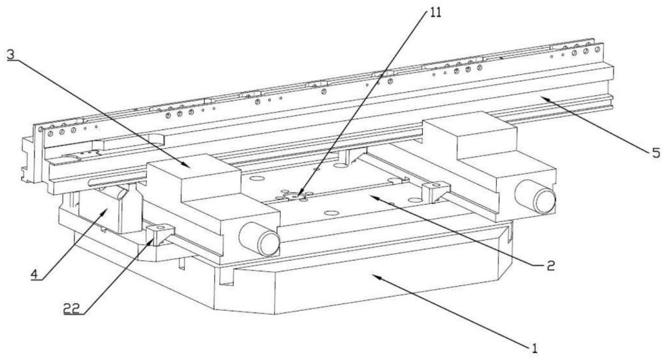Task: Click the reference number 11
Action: pos(435,12)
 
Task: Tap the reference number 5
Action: pos(656,153)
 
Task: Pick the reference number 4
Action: pos(35,274)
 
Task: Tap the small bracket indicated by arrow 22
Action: pos(160,234)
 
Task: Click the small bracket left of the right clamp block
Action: pos(436,191)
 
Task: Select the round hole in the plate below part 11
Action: pos(331,213)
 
